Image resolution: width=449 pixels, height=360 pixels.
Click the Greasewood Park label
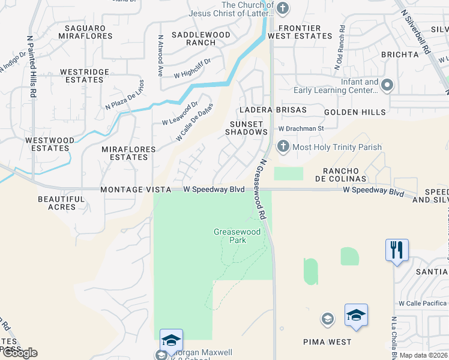pos(230,236)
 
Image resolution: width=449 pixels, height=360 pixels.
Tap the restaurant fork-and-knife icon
pos(397,249)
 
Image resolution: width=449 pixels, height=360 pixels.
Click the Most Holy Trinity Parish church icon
pos(283,146)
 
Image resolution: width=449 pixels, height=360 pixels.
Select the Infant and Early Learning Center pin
pos(387,85)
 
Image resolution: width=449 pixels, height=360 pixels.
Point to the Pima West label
pos(327,342)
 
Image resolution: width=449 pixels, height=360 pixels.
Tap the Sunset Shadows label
pos(246,128)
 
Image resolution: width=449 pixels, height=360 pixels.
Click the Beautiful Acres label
pos(61,203)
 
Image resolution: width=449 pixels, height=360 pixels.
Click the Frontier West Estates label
pos(305,32)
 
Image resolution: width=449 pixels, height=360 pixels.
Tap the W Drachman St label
pos(301,128)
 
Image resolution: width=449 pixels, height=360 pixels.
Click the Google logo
pos(19,353)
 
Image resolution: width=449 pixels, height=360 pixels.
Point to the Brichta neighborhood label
pos(399,55)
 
